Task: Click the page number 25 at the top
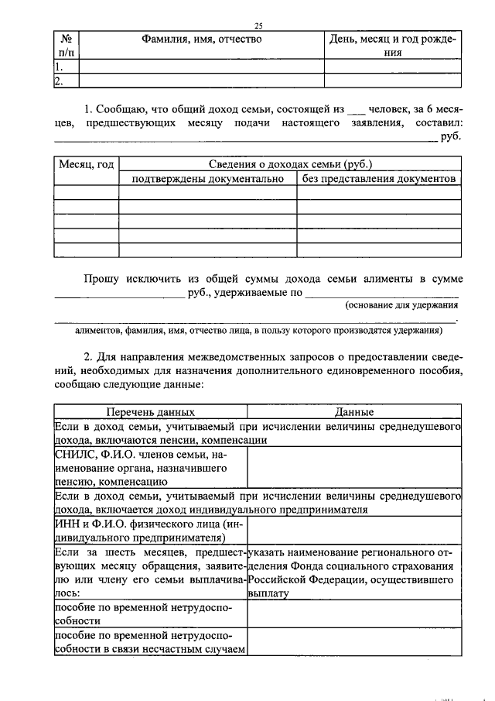258,26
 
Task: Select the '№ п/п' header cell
66,45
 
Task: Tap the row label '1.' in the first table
59,66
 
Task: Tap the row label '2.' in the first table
59,81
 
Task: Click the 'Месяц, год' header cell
86,164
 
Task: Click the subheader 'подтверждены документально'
208,179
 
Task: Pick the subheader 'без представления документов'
379,179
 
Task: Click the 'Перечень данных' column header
150,413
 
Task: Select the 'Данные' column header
354,413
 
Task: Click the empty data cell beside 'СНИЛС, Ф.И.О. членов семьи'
353,468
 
